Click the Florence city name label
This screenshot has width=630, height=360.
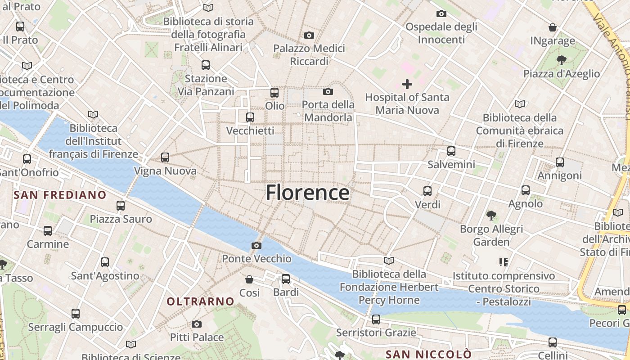(307, 193)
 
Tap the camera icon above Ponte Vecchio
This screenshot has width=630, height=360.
(256, 245)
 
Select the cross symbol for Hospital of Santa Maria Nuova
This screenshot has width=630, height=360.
(407, 84)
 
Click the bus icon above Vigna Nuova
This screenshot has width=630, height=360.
(165, 157)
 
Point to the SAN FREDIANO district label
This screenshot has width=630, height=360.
(60, 195)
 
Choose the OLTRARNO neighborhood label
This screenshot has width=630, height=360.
(201, 301)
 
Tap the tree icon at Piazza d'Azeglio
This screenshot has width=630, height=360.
(561, 60)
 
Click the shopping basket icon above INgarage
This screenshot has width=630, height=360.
(553, 27)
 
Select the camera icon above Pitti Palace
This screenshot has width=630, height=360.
(197, 324)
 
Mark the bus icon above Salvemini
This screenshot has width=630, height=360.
(451, 151)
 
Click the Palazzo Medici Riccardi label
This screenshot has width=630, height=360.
(309, 54)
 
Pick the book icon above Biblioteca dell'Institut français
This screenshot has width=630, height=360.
(93, 115)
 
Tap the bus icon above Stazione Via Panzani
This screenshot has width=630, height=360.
(206, 65)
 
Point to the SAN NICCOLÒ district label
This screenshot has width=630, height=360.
(429, 354)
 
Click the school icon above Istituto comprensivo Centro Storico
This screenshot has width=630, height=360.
(504, 262)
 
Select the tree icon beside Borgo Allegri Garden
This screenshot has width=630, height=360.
(491, 216)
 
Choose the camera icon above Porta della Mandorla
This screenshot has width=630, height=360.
(328, 92)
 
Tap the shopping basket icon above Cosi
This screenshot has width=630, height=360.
(249, 279)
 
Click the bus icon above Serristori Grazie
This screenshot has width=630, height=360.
(376, 319)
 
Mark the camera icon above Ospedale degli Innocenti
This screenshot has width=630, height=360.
(441, 13)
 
